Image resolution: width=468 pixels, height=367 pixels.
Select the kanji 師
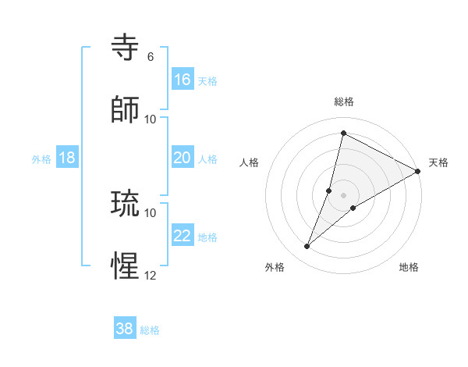click(126, 111)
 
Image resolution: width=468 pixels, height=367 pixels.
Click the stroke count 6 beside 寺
click(151, 57)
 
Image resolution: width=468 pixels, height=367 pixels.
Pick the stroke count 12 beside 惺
click(151, 275)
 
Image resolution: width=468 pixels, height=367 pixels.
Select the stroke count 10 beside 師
click(151, 119)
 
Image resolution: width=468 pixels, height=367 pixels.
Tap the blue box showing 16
click(183, 80)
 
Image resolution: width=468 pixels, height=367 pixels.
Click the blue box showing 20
click(183, 158)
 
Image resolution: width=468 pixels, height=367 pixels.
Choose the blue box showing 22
click(183, 236)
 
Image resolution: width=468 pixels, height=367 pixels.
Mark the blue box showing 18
click(67, 158)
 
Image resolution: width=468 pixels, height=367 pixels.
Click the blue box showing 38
click(125, 329)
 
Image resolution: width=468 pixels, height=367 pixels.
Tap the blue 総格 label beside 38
click(150, 330)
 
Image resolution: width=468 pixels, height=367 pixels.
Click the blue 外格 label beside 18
click(41, 159)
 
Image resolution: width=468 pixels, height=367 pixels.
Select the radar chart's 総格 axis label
click(344, 102)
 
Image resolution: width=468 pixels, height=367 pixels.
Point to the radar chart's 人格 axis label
click(250, 162)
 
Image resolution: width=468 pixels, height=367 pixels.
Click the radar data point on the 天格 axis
click(418, 171)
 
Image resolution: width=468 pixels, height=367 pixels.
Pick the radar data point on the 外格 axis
click(307, 247)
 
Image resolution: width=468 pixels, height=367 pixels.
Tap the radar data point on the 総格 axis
click(343, 133)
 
